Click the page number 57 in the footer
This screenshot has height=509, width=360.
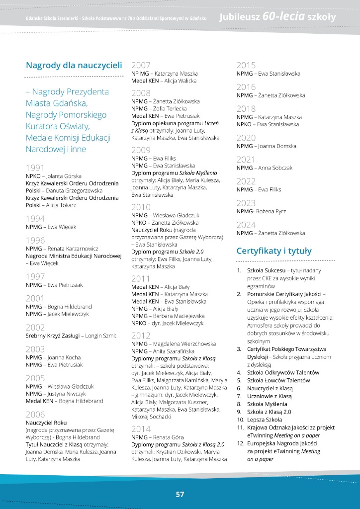pyautogui.click(x=180, y=494)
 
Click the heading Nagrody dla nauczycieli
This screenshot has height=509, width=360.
pyautogui.click(x=74, y=65)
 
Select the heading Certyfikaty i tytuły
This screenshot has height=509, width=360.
pyautogui.click(x=274, y=251)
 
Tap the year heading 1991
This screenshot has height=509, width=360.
pyautogui.click(x=35, y=168)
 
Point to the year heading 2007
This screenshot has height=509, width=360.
pyautogui.click(x=141, y=65)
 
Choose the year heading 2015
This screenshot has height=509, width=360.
pyautogui.click(x=246, y=65)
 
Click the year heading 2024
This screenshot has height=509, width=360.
pyautogui.click(x=246, y=224)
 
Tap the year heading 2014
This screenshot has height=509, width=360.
pyautogui.click(x=141, y=428)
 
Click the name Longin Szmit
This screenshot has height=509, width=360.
pyautogui.click(x=101, y=336)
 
